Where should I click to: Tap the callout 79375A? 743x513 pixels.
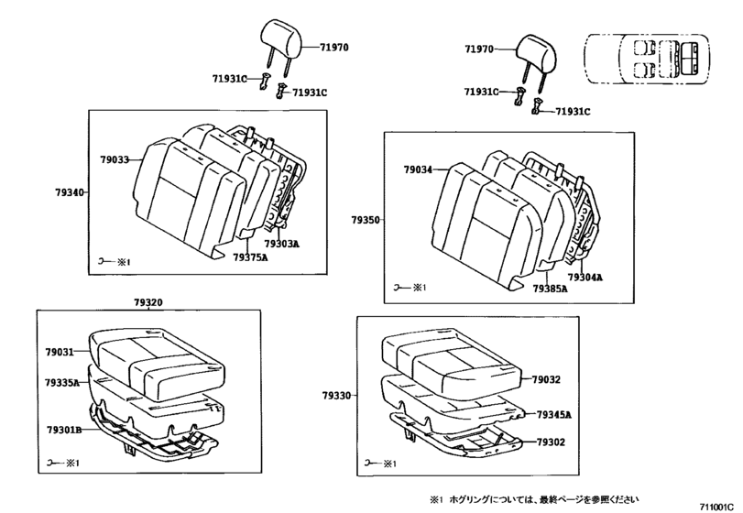click(249, 258)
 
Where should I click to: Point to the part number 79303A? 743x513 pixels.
click(281, 245)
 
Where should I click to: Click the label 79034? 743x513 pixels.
click(418, 169)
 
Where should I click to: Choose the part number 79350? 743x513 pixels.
click(365, 221)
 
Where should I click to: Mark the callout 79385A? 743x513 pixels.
click(550, 289)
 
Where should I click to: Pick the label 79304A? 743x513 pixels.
click(584, 277)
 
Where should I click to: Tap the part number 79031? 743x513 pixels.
click(60, 353)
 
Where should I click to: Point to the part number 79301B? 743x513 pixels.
click(62, 429)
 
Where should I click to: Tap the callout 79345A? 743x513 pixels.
click(553, 415)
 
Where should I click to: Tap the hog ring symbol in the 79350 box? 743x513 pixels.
click(399, 288)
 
